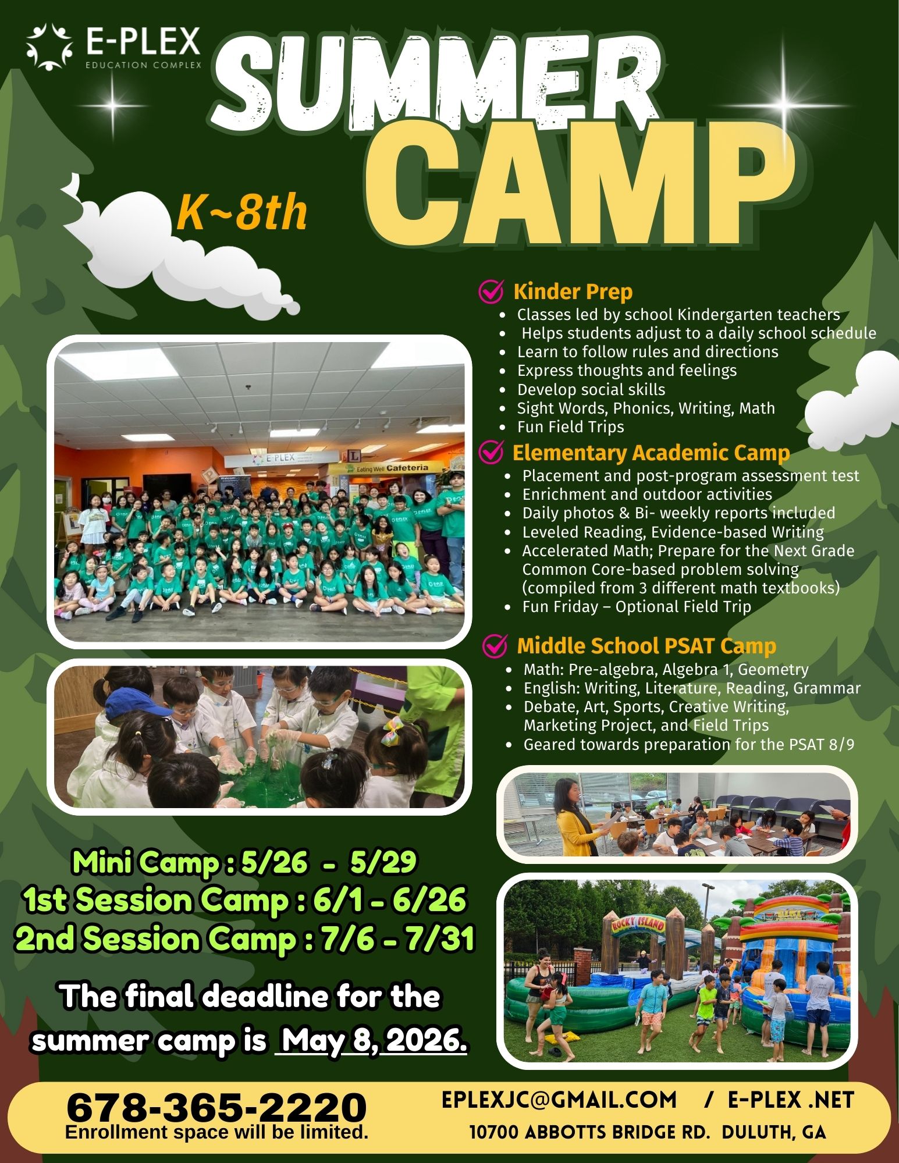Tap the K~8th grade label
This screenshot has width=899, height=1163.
click(242, 213)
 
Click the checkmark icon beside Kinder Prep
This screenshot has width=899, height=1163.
click(491, 291)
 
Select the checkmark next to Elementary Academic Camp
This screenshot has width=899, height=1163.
click(491, 452)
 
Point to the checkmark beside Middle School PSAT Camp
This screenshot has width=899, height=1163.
click(496, 645)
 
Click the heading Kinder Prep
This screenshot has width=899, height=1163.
click(573, 291)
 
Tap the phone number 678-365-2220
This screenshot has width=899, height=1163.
click(216, 1107)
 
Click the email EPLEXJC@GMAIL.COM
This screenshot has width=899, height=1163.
click(559, 1100)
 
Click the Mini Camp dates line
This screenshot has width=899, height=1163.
click(244, 862)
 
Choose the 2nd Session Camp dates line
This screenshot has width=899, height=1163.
click(244, 940)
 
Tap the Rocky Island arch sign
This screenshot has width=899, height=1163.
click(638, 924)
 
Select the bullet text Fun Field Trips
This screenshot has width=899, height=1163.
click(570, 427)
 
